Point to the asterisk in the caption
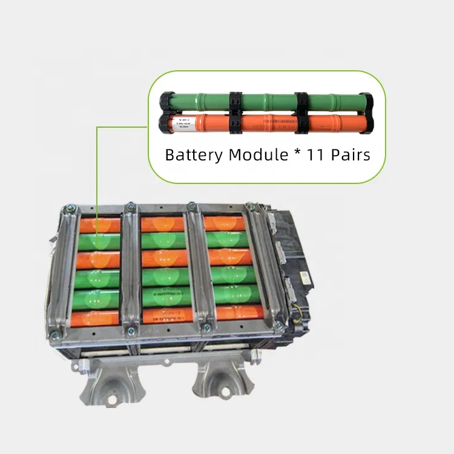coord(296,153)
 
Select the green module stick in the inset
coord(266,100)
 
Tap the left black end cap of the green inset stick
coord(166,100)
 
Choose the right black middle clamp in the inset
coord(301,112)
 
